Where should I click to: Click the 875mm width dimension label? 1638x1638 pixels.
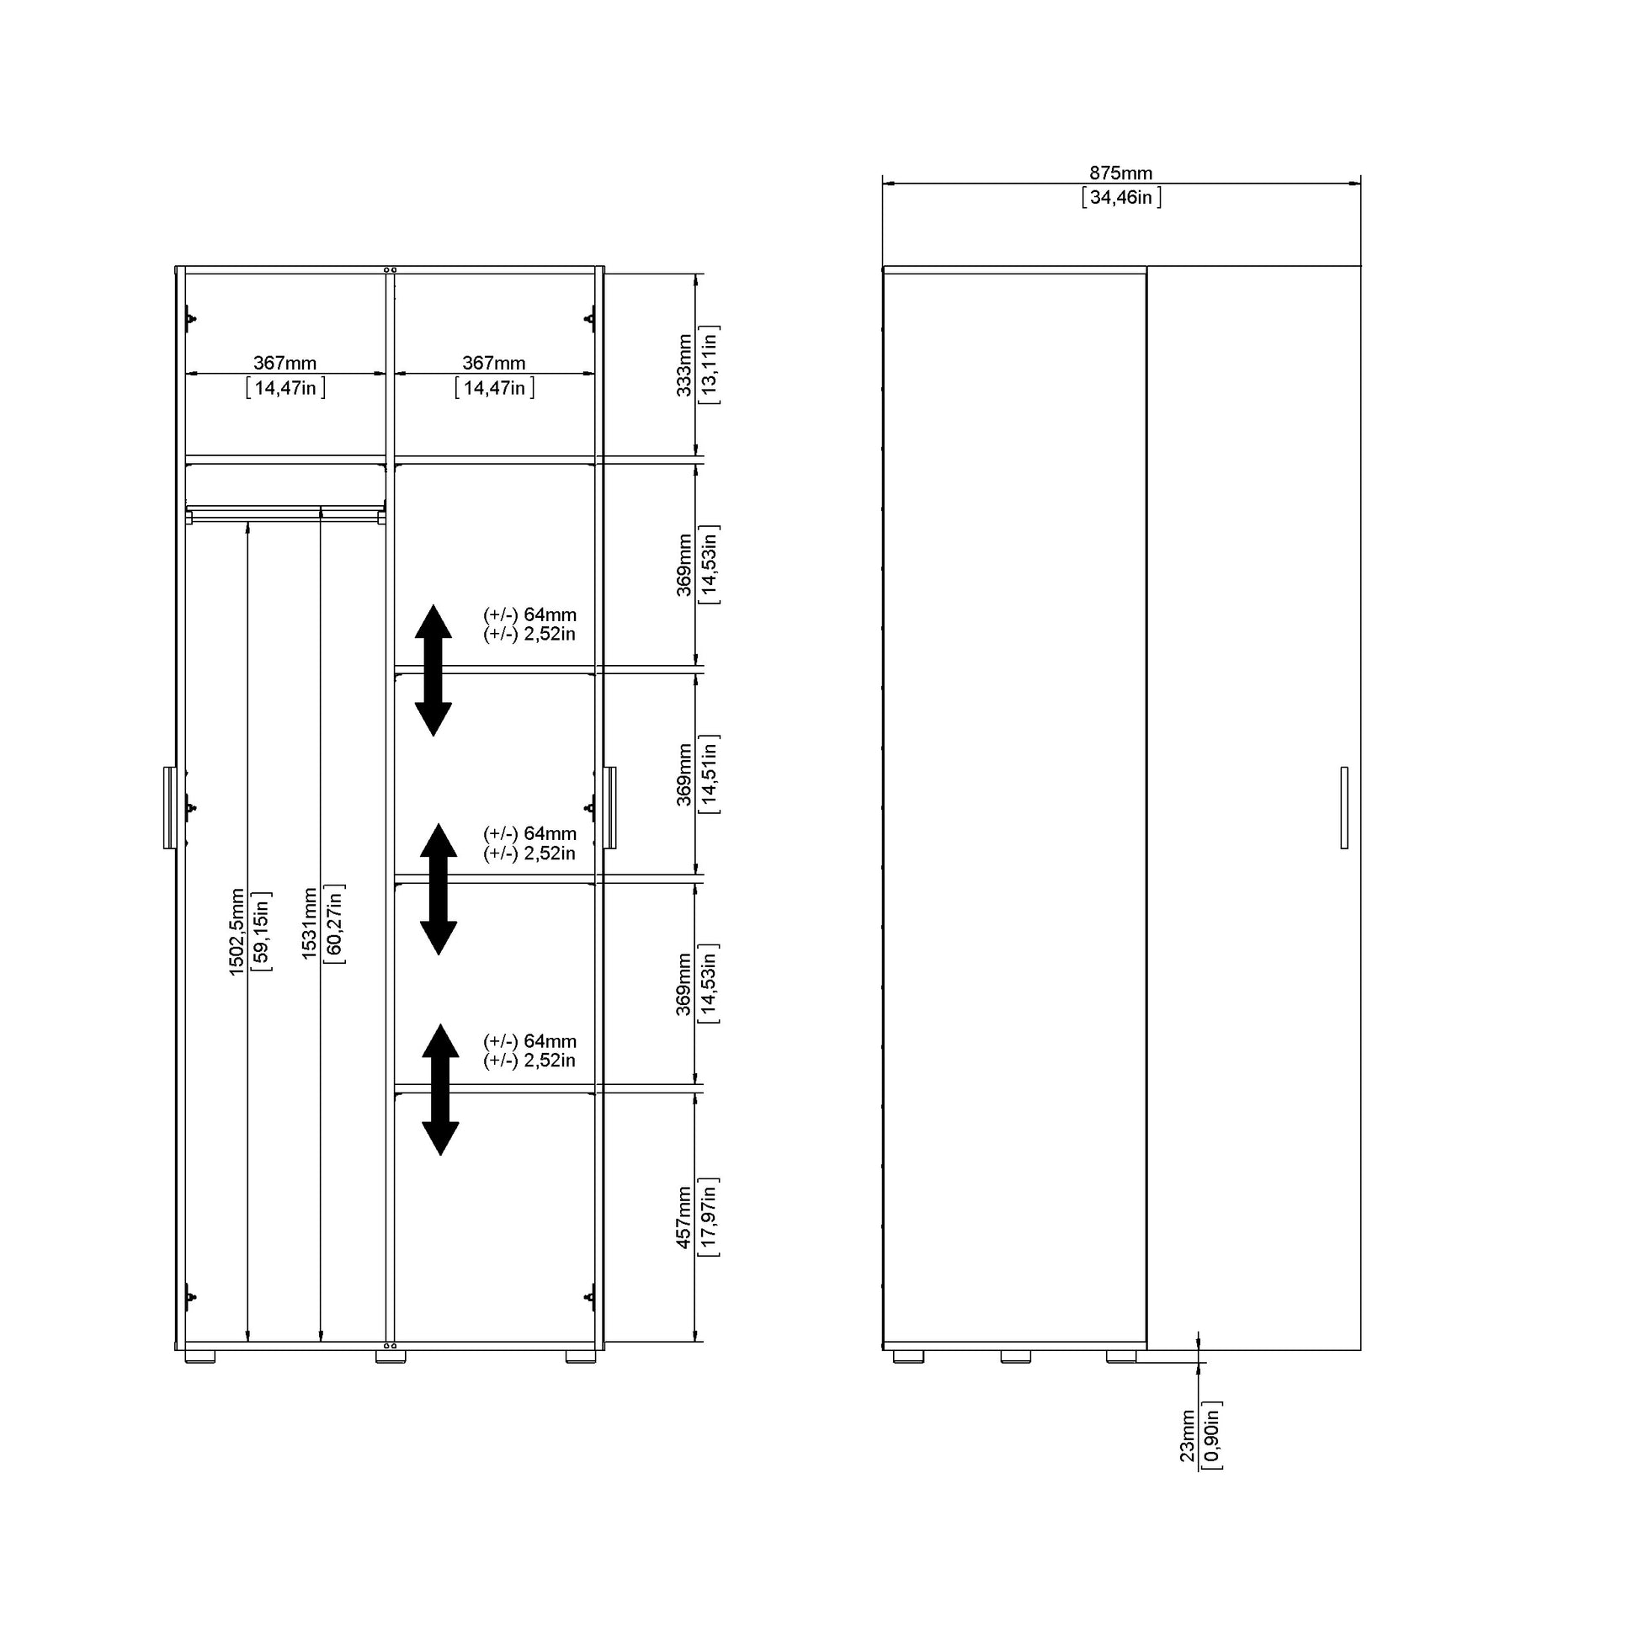1120,173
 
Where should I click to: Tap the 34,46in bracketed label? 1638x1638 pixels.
1121,198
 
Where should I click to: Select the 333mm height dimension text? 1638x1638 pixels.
684,365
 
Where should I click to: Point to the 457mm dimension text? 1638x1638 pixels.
684,1217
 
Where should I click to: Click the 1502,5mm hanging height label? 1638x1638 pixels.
237,932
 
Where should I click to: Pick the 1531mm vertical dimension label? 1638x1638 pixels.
310,923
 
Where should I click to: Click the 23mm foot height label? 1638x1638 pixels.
1188,1436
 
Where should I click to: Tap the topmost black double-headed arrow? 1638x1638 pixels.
433,670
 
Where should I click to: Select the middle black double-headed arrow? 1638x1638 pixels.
439,890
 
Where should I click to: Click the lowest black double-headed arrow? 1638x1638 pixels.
440,1089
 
